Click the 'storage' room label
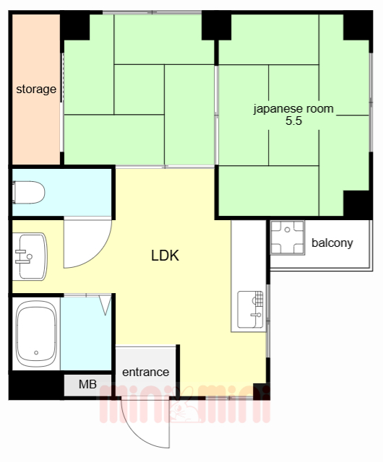click(x=36, y=90)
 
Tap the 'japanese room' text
click(x=293, y=110)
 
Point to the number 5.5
click(x=293, y=122)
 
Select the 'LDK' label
click(x=165, y=256)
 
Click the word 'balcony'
click(x=332, y=243)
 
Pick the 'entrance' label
click(x=145, y=372)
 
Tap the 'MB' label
click(x=87, y=385)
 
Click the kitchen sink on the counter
click(x=251, y=308)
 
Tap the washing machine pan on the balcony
click(x=287, y=238)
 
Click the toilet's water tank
click(x=16, y=193)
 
